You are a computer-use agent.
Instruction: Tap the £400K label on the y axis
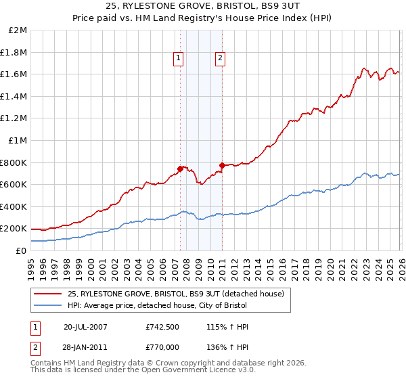[14, 206]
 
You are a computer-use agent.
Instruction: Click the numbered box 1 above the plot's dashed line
[178, 59]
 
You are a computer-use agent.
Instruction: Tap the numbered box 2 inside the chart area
[221, 59]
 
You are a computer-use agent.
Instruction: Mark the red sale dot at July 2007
[181, 169]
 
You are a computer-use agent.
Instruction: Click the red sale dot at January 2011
[222, 165]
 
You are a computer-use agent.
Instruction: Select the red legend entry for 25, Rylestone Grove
[179, 294]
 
